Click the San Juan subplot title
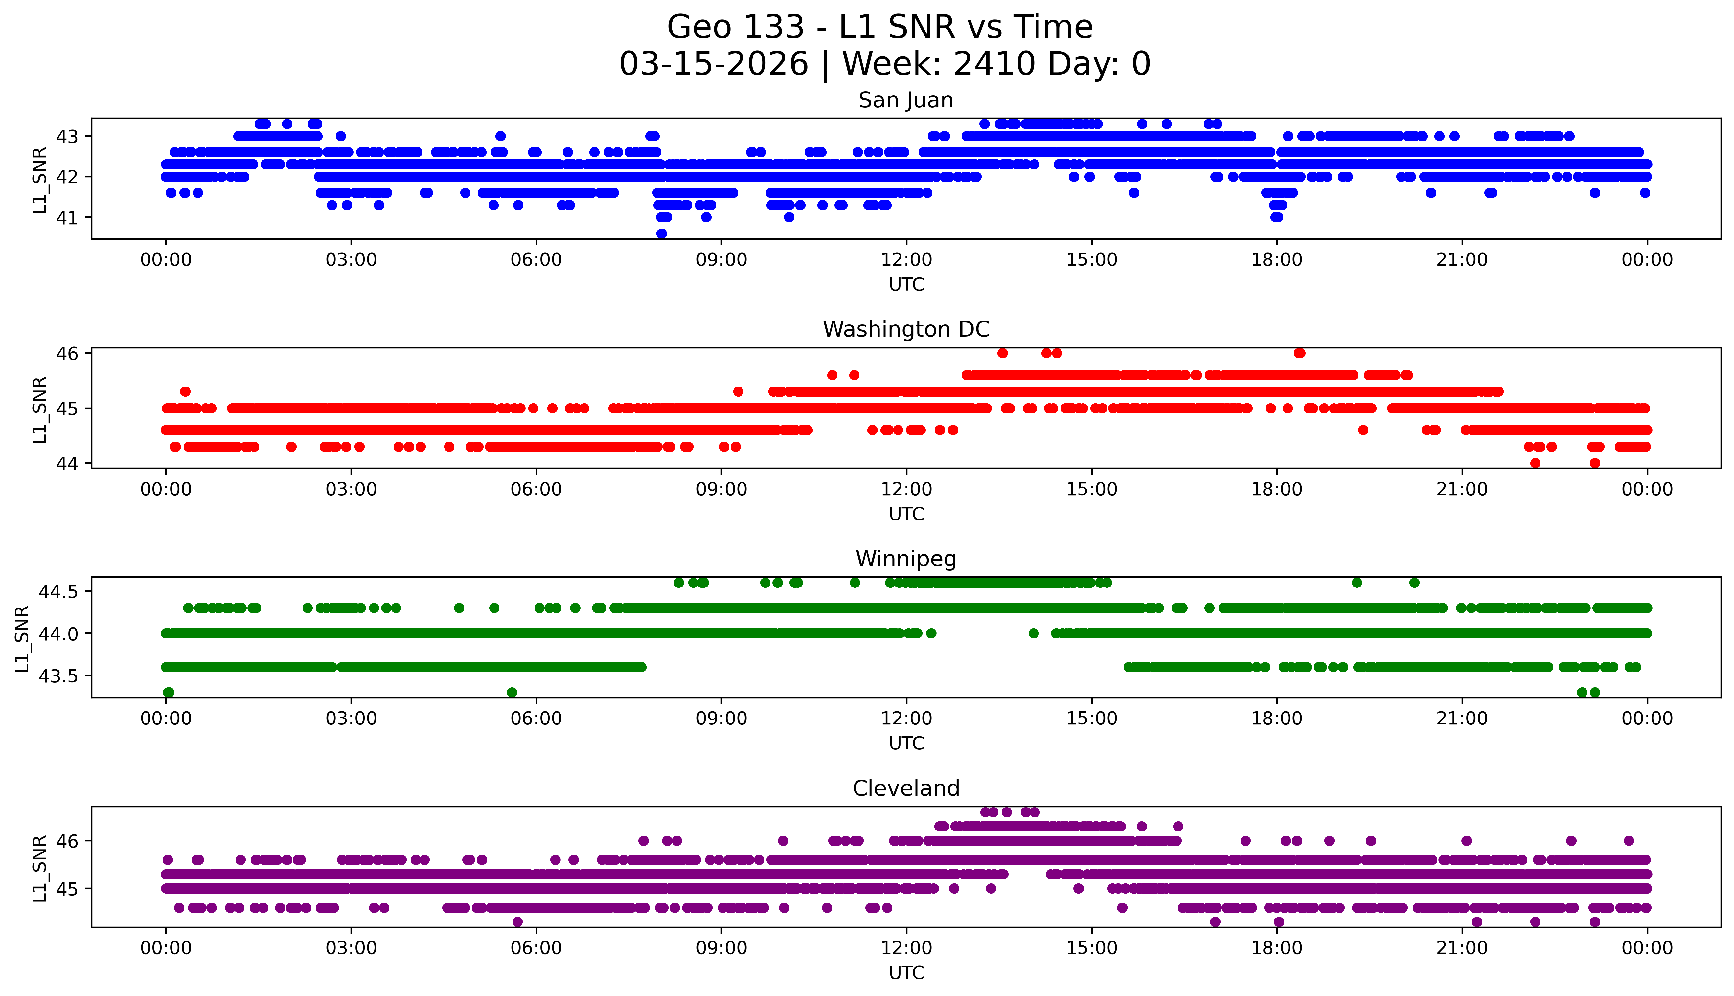point(905,100)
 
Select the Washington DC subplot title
point(905,330)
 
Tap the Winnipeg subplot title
point(905,559)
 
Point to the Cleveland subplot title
point(905,789)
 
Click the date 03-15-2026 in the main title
point(713,64)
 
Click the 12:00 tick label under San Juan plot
point(906,260)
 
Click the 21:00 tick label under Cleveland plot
point(1462,948)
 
